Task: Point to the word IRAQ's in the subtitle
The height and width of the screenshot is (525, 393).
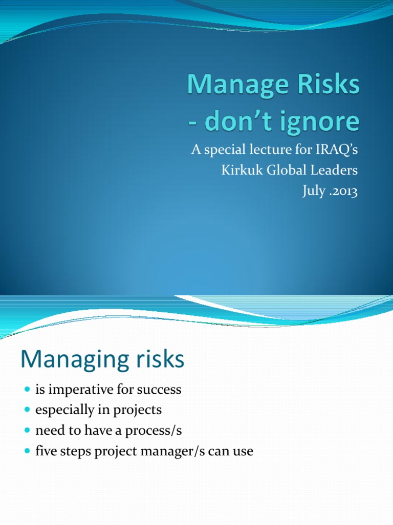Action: coord(337,149)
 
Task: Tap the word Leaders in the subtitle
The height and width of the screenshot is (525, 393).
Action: coord(334,170)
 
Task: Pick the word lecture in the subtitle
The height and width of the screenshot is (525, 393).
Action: coord(271,149)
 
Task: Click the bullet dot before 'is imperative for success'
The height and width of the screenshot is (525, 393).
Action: coord(28,390)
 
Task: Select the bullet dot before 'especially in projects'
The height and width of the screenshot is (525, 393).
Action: coord(28,410)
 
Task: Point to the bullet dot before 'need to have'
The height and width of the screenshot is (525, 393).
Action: coord(28,430)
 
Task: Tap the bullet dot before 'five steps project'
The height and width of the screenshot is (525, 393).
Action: coord(28,451)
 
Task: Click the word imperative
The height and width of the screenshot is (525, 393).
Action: coord(81,390)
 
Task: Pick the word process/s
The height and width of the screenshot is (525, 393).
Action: coord(154,431)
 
